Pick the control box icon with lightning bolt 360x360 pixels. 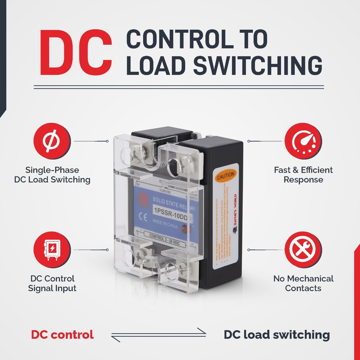click(52, 250)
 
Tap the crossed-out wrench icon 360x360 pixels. click(303, 250)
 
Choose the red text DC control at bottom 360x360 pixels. click(62, 334)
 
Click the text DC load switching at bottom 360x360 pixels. click(276, 334)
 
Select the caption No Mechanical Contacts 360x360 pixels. click(303, 283)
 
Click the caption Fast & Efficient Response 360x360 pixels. click(303, 175)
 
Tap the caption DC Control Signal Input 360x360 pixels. click(52, 283)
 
